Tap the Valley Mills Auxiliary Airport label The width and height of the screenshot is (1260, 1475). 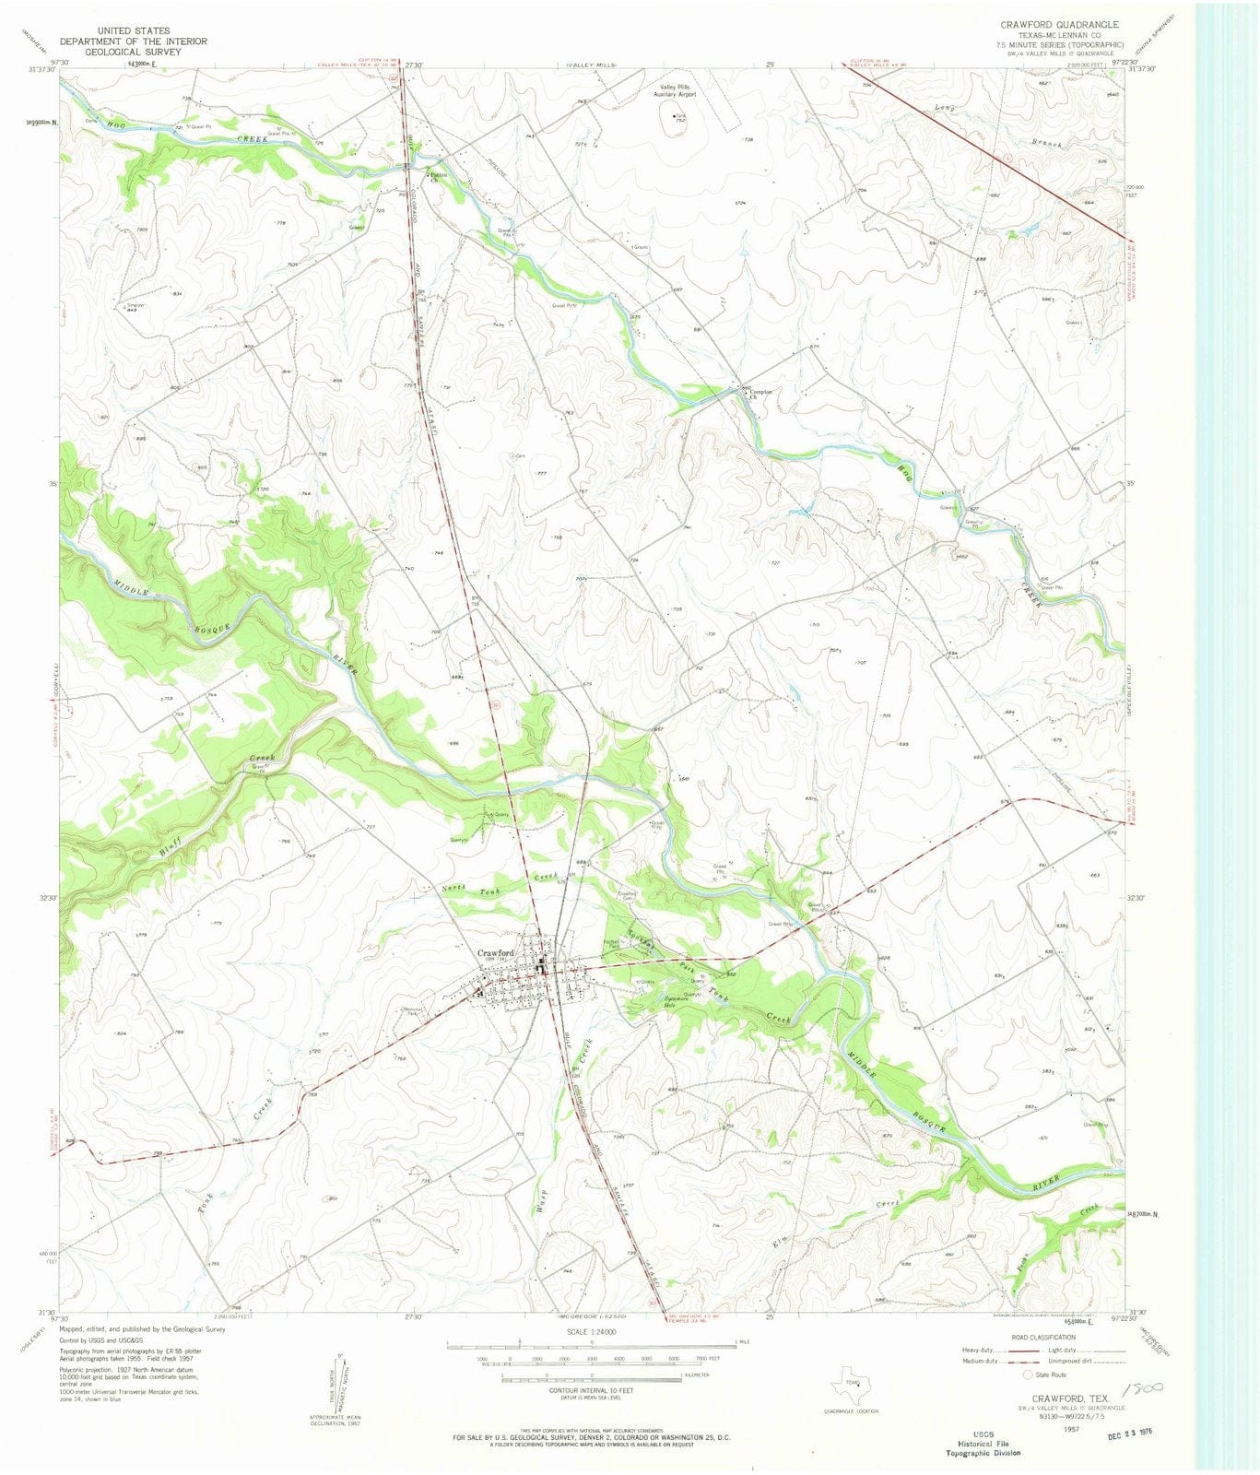click(677, 90)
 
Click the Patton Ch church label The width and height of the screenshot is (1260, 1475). click(438, 177)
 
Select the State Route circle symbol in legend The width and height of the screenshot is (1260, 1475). click(1028, 1375)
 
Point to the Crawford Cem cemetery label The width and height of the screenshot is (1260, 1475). click(627, 895)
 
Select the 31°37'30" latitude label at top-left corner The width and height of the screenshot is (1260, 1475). click(41, 69)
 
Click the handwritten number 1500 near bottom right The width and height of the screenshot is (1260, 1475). click(1141, 1386)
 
